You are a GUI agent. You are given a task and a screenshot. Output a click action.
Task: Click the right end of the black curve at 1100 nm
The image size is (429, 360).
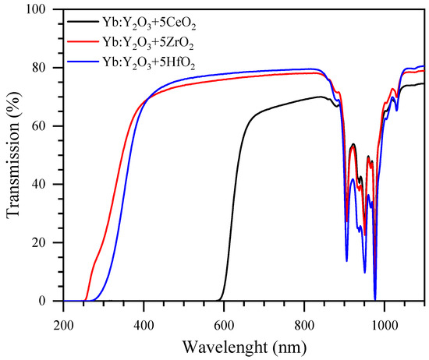point(424,83)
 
